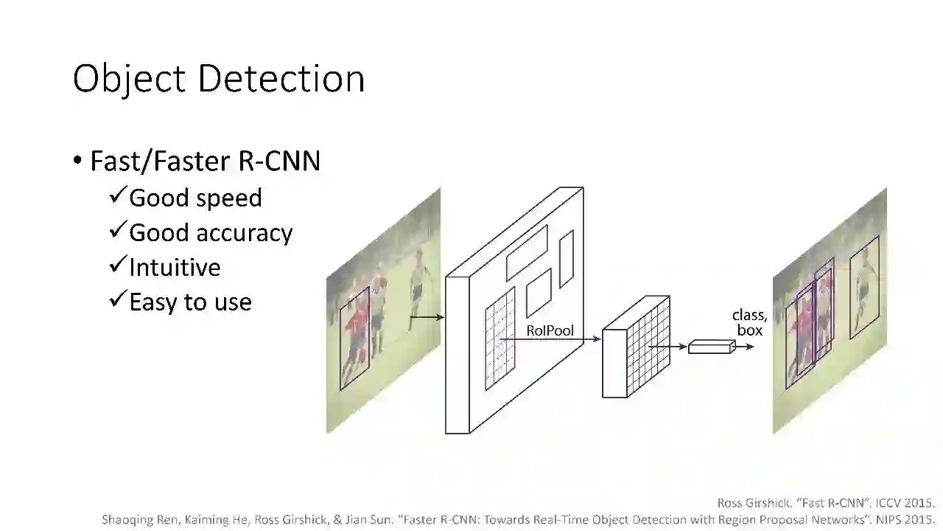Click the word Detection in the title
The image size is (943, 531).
pyautogui.click(x=281, y=79)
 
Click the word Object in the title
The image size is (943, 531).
pyautogui.click(x=127, y=79)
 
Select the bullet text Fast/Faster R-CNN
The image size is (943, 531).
pyautogui.click(x=205, y=161)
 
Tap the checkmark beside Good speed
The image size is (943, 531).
pyautogui.click(x=118, y=196)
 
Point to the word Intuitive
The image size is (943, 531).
pyautogui.click(x=175, y=267)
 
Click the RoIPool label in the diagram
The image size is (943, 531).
pyautogui.click(x=550, y=330)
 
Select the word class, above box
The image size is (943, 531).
pyautogui.click(x=749, y=316)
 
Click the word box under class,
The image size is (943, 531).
pyautogui.click(x=750, y=330)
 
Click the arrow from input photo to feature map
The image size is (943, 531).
pyautogui.click(x=427, y=317)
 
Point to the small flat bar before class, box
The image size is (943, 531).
pyautogui.click(x=711, y=346)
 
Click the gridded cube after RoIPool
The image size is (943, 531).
pyautogui.click(x=636, y=347)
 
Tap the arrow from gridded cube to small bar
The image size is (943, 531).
pyautogui.click(x=667, y=346)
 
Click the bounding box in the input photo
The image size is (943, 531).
pyautogui.click(x=354, y=339)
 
